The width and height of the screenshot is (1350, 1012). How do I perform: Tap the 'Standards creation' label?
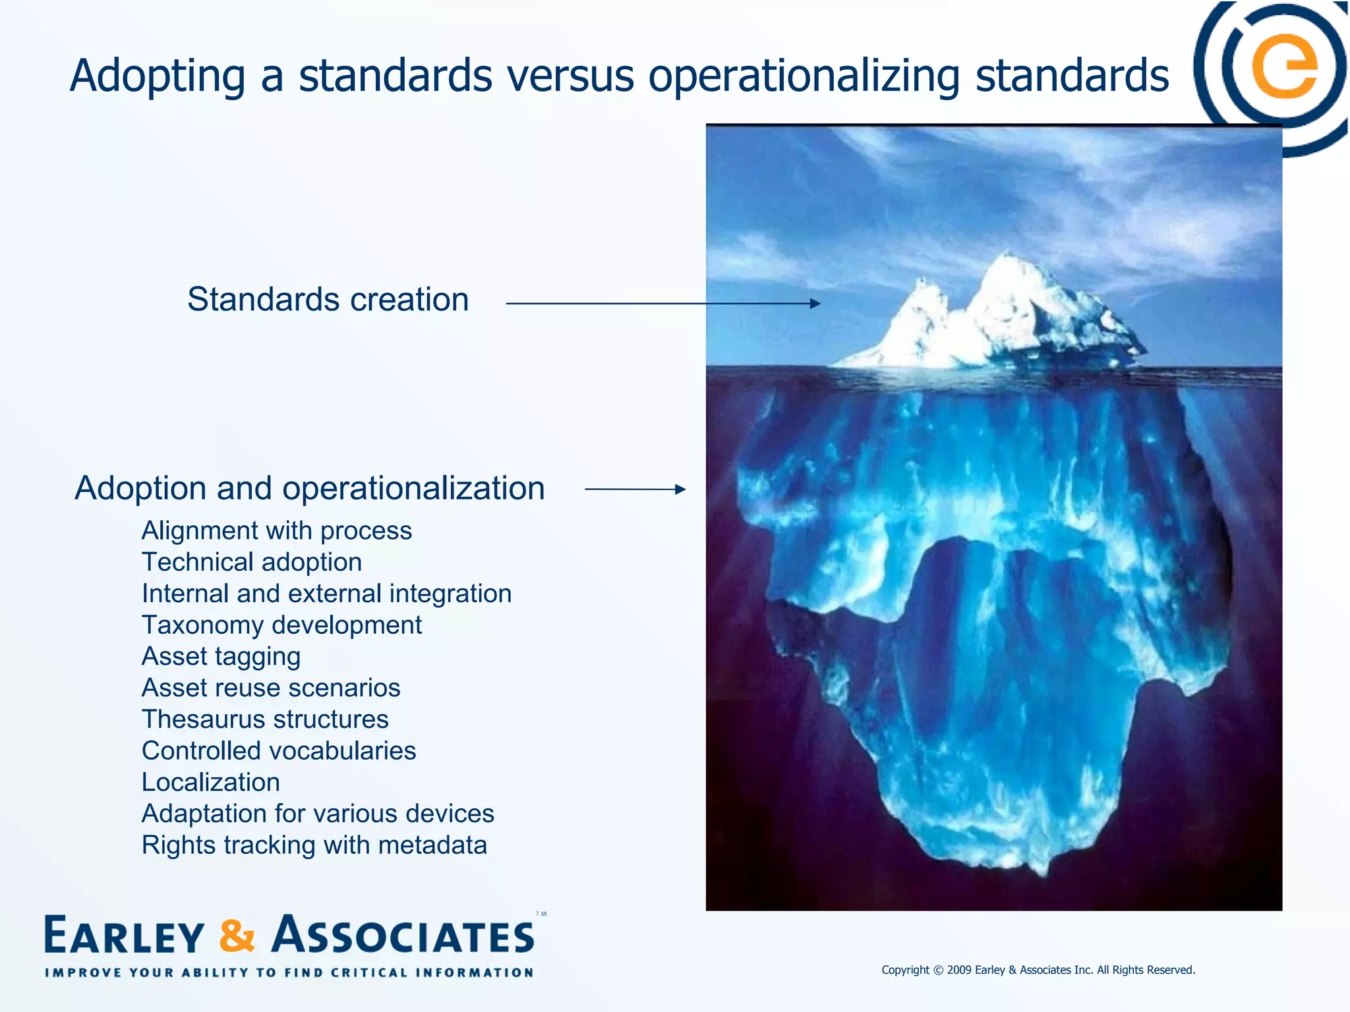tap(328, 300)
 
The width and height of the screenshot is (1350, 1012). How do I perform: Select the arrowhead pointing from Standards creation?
tap(815, 304)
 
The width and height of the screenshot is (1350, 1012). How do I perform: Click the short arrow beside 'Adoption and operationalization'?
tap(635, 489)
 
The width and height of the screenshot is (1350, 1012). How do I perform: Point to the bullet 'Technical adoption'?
tap(252, 562)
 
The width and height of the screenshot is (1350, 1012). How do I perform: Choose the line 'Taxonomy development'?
tap(281, 625)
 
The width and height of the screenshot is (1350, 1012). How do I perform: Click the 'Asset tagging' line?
tap(221, 656)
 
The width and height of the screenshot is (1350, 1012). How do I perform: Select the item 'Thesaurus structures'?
tap(265, 719)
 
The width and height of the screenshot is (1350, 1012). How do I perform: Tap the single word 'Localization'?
tap(211, 782)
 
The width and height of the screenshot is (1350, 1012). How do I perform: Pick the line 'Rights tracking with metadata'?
tap(314, 845)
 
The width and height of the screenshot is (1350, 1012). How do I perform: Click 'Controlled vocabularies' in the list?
tap(279, 750)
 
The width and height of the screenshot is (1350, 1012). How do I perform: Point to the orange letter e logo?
tap(1284, 68)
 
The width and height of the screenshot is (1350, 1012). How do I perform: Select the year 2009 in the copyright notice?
tap(959, 970)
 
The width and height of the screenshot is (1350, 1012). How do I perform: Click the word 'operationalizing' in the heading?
tap(804, 77)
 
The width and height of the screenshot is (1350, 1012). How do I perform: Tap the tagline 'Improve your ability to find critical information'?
tap(289, 972)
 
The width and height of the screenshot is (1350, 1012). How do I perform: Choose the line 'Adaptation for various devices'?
tap(318, 814)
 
